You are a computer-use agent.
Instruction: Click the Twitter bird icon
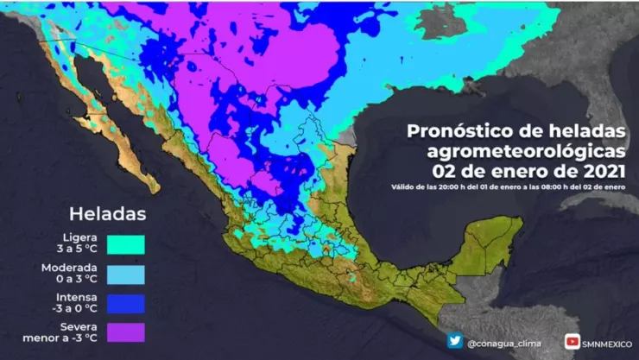click(x=454, y=342)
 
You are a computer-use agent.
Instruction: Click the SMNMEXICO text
click(x=608, y=343)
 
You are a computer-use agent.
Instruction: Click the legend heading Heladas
click(x=108, y=212)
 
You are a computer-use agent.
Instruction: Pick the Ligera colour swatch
click(x=125, y=244)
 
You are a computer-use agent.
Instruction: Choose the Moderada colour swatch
click(x=125, y=274)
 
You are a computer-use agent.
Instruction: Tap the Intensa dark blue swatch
click(x=125, y=303)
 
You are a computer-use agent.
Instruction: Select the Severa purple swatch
click(x=125, y=332)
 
